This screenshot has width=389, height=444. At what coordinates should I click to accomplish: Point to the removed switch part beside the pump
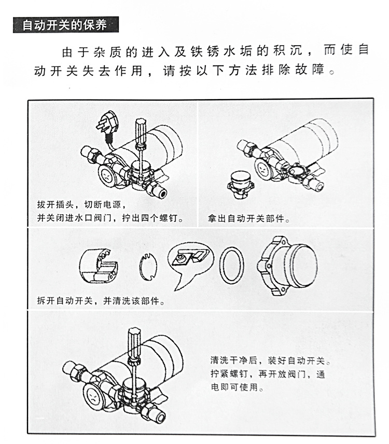[240, 184]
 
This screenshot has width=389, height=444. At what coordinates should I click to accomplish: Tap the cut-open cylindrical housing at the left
[101, 265]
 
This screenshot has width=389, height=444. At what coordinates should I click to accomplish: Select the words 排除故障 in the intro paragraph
[301, 69]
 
